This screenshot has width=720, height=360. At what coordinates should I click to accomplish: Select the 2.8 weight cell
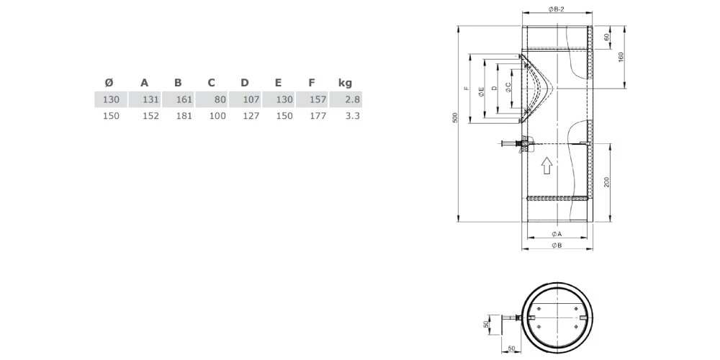pos(352,99)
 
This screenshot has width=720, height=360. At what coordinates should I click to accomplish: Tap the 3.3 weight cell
pos(352,115)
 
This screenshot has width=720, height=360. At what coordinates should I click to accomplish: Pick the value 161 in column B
pos(184,99)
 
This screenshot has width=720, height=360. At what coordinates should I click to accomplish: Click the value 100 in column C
pos(217,115)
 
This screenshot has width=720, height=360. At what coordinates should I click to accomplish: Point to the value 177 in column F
pos(318,115)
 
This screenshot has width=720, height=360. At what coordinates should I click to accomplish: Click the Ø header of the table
pos(109,82)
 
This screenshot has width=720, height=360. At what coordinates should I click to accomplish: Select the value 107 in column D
pos(251,99)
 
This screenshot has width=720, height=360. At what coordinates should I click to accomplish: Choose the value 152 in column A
pos(150,115)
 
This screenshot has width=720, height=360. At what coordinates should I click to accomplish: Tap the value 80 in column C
pos(220,99)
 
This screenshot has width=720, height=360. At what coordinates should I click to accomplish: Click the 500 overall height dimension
pos(455,120)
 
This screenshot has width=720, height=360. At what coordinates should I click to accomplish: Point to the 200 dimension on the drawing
pos(606,182)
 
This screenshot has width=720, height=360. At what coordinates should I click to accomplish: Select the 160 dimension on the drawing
pos(620,57)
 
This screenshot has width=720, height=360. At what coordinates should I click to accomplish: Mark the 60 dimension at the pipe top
pos(606,37)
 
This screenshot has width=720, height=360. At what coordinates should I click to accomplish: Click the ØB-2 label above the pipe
pos(556,9)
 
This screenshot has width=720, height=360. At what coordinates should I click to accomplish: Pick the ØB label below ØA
pos(557,246)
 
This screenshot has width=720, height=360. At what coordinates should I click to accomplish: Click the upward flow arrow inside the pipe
pos(546,166)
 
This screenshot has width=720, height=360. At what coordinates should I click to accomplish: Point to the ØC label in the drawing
pos(509,87)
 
